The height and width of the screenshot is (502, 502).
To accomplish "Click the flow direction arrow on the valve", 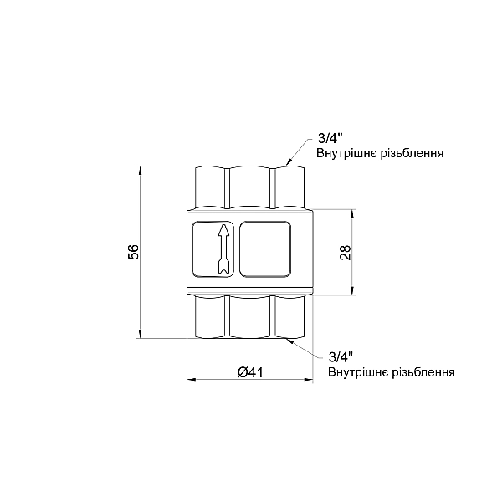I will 222,248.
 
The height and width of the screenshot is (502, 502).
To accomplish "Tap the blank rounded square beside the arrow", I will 265,248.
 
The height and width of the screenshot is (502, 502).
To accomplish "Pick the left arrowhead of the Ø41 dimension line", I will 190,381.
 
